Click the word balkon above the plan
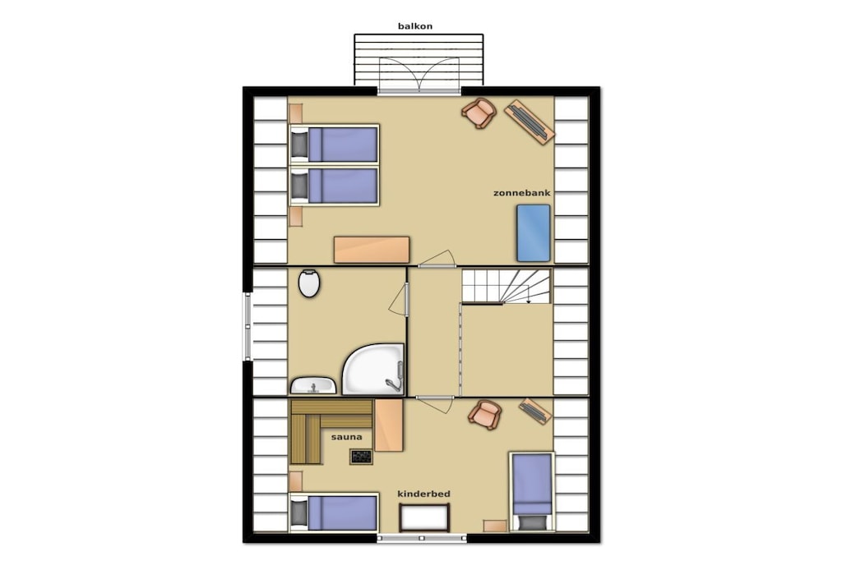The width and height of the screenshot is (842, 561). click(x=415, y=25)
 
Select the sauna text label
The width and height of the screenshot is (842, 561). click(x=346, y=437)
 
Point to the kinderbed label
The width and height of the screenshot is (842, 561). click(x=423, y=494)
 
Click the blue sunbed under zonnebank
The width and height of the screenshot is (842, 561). click(x=533, y=232)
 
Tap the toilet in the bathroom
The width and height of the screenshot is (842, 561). click(x=309, y=283)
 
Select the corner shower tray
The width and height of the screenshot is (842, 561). click(x=373, y=369)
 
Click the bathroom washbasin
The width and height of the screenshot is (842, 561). click(x=313, y=385)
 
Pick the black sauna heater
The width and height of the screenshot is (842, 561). click(x=361, y=457)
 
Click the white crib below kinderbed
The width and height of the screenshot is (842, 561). click(x=424, y=517)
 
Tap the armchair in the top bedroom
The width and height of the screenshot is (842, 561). click(x=479, y=113)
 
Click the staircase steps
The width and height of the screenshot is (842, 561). click(x=507, y=287)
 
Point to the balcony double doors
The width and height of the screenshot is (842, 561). click(x=419, y=75)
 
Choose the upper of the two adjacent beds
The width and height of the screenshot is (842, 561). click(x=334, y=144)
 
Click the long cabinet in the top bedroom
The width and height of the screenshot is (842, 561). click(x=372, y=250)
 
